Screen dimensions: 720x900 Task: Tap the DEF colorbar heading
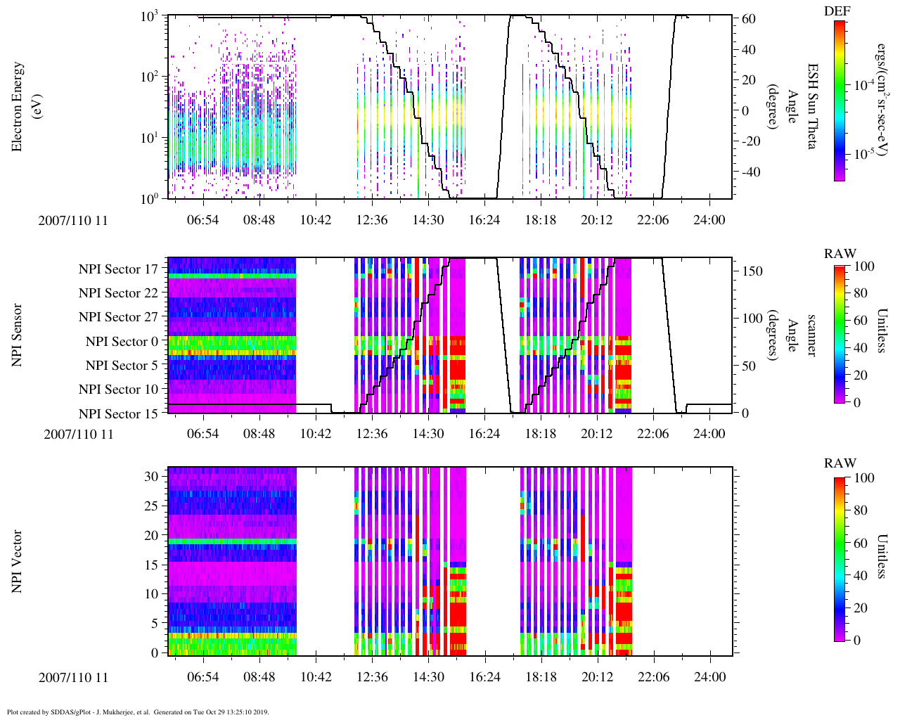click(837, 11)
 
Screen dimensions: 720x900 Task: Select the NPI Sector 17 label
click(118, 269)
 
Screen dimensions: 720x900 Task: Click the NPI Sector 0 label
click(122, 342)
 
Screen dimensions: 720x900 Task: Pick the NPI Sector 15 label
click(118, 414)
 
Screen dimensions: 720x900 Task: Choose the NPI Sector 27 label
click(118, 317)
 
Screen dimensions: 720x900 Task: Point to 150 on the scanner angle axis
click(753, 271)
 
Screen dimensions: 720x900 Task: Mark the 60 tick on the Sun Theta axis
click(749, 19)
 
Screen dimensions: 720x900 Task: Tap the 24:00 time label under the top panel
click(709, 220)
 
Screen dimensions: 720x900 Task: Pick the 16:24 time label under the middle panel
click(484, 433)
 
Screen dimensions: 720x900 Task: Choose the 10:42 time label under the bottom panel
click(315, 676)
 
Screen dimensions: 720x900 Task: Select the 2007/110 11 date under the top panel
click(73, 221)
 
